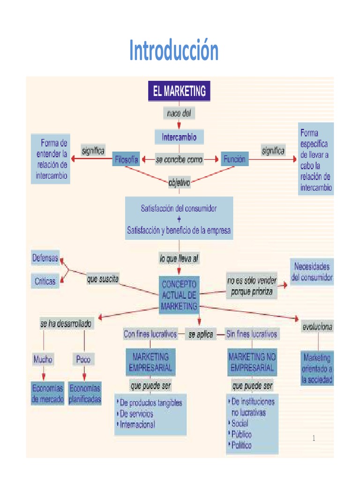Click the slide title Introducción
point(174,51)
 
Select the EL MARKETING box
point(179,91)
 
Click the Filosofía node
point(126,159)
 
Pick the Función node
point(234,159)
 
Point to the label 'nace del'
point(179,113)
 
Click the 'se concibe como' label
point(179,159)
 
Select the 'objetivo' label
point(179,183)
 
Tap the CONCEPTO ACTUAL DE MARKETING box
point(179,295)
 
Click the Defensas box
point(45,258)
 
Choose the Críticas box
point(45,281)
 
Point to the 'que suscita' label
point(103,279)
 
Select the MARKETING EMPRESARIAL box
point(150,362)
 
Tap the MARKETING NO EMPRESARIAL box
point(252,362)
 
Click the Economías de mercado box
point(47,394)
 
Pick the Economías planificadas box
point(85,394)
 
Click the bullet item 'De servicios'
point(136,414)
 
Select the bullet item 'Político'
point(241,445)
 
